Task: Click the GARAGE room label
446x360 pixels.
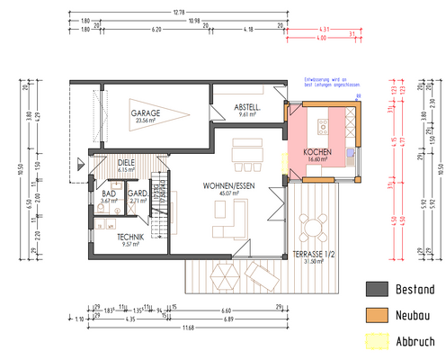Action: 146,113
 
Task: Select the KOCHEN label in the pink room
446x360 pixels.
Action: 318,151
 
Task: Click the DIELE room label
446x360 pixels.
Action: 126,161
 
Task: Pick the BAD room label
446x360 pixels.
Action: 109,193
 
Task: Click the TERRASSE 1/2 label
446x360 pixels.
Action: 313,255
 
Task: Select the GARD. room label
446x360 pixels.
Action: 138,193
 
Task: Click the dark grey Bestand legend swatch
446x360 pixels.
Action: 377,289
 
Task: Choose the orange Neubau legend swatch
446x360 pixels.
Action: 377,315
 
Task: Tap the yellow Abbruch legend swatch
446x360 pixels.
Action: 377,341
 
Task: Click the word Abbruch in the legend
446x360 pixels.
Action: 415,341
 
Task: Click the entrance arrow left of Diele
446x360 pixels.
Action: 82,163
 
